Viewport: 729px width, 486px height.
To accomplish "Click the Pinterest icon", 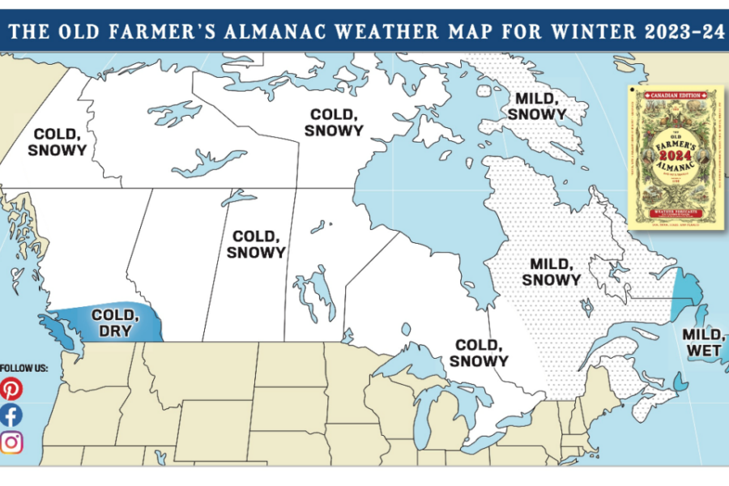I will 11,389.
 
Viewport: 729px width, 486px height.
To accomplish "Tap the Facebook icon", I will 11,416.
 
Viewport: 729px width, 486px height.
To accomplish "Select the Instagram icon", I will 11,442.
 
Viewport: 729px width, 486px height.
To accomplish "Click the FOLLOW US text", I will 24,368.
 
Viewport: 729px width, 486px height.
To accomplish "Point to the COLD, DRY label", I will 114,322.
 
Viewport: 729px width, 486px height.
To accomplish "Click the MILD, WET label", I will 704,341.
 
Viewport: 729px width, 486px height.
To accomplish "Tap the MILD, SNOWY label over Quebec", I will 552,271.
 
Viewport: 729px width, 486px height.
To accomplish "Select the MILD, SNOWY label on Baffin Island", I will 536,106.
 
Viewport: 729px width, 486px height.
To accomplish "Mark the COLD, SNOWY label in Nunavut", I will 337,122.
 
